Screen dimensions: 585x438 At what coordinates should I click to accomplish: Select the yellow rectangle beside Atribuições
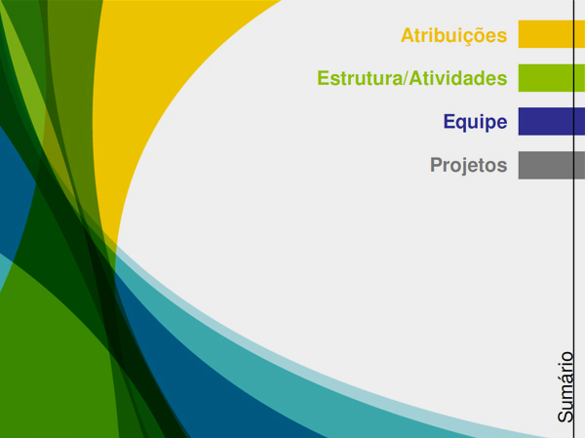(552, 34)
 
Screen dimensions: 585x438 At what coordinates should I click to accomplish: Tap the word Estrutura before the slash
(360, 78)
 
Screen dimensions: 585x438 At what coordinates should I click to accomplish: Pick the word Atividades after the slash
(458, 78)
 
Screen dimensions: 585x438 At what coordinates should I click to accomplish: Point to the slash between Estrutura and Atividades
(406, 78)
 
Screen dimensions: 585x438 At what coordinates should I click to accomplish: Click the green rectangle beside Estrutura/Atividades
(552, 78)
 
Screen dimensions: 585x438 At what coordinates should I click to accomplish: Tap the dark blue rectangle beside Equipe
(552, 121)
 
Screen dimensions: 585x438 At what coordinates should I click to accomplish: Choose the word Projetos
(469, 166)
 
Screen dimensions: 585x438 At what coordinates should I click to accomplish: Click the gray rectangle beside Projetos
(552, 165)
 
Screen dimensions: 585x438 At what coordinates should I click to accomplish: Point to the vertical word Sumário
(565, 387)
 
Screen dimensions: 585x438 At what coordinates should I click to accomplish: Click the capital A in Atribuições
(408, 35)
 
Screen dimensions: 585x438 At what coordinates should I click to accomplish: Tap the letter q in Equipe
(462, 124)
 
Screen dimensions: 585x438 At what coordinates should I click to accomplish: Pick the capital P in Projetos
(437, 164)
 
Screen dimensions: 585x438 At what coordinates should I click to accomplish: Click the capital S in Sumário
(565, 417)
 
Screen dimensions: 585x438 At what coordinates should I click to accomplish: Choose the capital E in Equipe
(449, 121)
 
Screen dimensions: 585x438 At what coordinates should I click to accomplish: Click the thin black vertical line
(574, 219)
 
